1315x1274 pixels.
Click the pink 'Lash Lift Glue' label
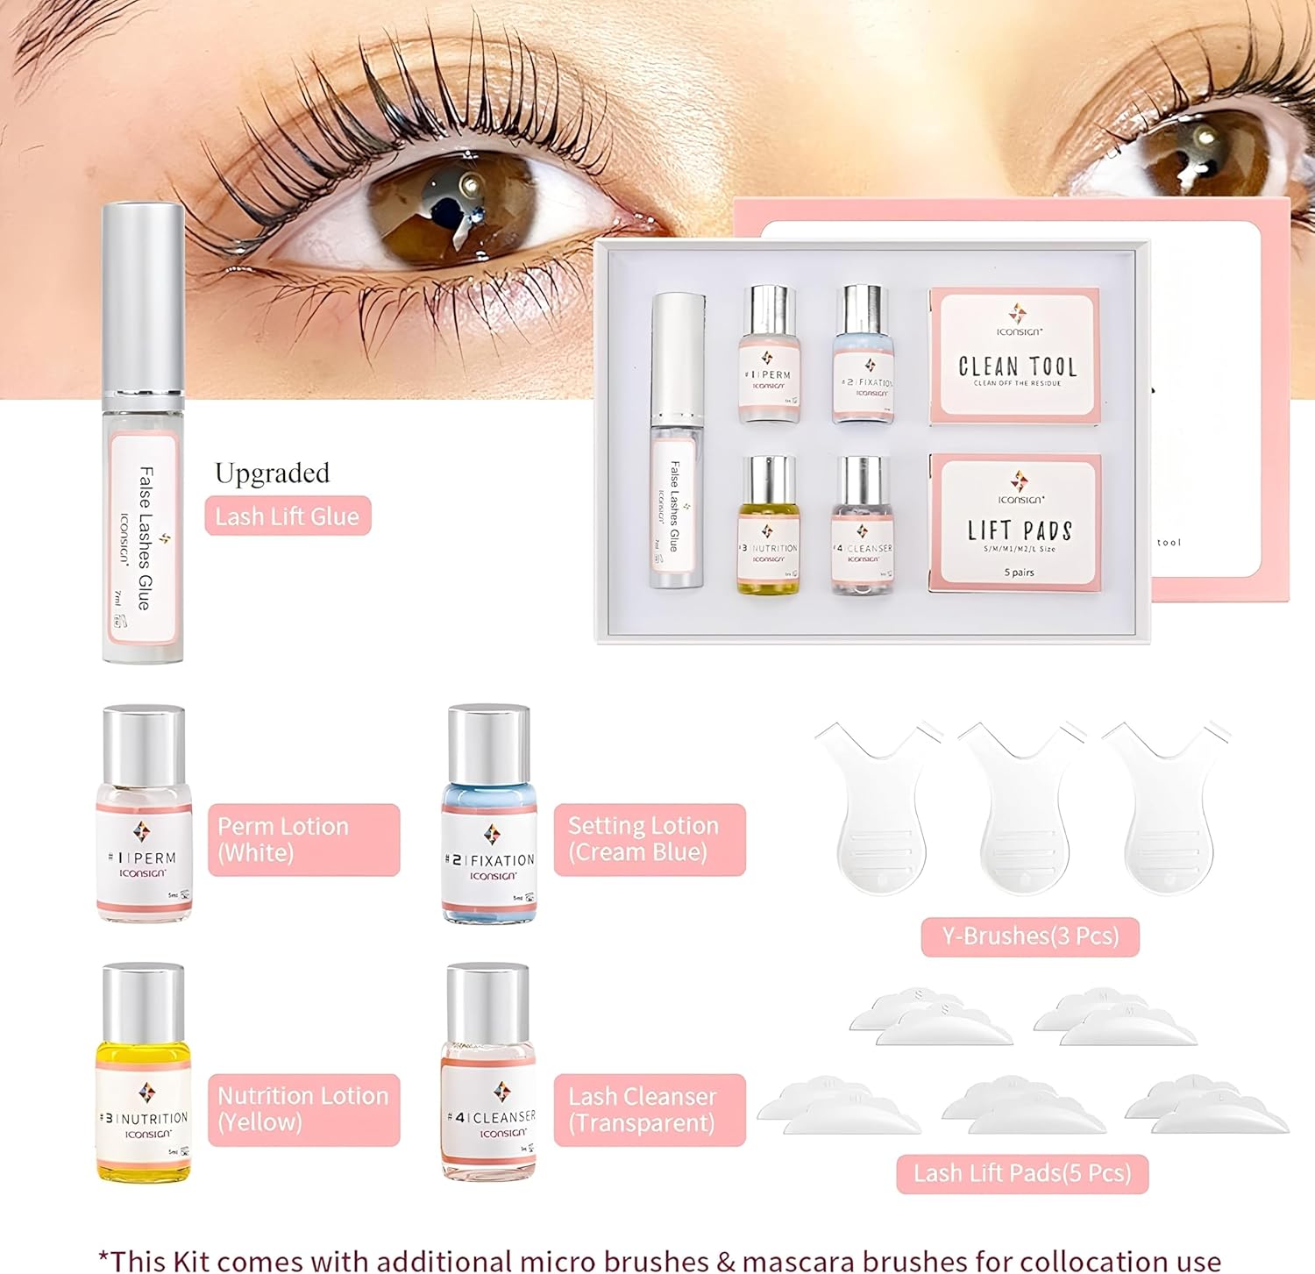pyautogui.click(x=288, y=516)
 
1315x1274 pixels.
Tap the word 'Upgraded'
pyautogui.click(x=272, y=473)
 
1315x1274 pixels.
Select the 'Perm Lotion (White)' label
pyautogui.click(x=303, y=840)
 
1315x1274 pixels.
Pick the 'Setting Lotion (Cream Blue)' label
pyautogui.click(x=649, y=840)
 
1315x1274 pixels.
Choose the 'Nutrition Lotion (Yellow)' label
pyautogui.click(x=303, y=1110)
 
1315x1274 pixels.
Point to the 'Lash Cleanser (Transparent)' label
pyautogui.click(x=649, y=1110)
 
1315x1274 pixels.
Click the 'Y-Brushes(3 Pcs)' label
pyautogui.click(x=1030, y=936)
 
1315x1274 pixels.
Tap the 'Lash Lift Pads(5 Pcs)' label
pyautogui.click(x=1022, y=1173)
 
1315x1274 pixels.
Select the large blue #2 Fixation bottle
pyautogui.click(x=489, y=815)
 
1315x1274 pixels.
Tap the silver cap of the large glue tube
pyautogui.click(x=143, y=298)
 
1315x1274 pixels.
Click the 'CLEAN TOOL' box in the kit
pyautogui.click(x=1015, y=356)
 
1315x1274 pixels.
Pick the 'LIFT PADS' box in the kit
pyautogui.click(x=1015, y=523)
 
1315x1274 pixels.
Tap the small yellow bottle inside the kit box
pyautogui.click(x=768, y=526)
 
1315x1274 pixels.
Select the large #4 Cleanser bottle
pyautogui.click(x=489, y=1074)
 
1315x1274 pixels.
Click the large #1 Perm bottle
pyautogui.click(x=144, y=815)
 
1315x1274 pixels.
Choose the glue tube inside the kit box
pyautogui.click(x=677, y=443)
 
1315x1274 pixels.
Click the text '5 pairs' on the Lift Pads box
pyautogui.click(x=1020, y=573)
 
